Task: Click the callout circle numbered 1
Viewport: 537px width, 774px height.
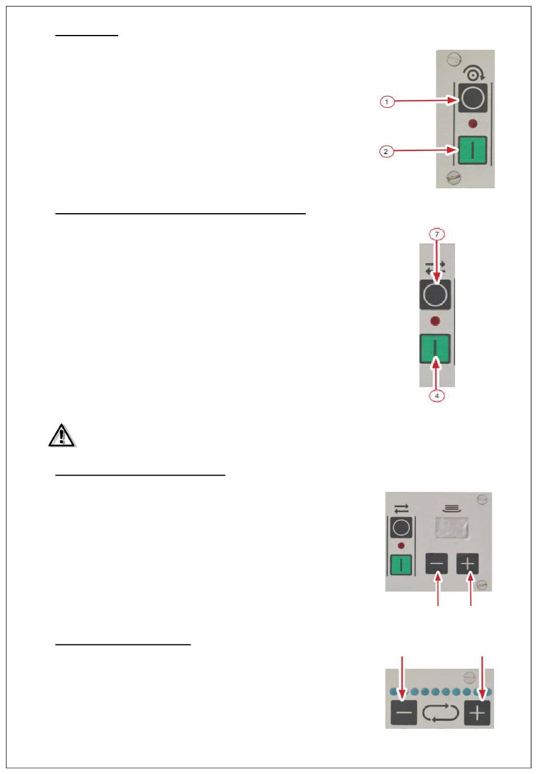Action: click(387, 102)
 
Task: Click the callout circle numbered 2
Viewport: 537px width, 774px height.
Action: click(386, 152)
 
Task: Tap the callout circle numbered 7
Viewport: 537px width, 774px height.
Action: click(436, 234)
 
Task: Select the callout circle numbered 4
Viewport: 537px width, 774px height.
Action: click(436, 396)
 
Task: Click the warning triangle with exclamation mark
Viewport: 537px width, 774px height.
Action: click(62, 436)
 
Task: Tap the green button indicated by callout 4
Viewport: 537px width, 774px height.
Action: click(435, 348)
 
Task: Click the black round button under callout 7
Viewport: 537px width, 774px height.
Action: click(435, 295)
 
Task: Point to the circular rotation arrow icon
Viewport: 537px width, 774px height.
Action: click(471, 73)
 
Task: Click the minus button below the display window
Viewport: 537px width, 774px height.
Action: click(437, 564)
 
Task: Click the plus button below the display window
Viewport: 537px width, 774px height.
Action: click(468, 564)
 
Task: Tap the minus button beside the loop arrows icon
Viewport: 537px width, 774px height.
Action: click(404, 712)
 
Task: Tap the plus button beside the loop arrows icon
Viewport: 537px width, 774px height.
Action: click(478, 712)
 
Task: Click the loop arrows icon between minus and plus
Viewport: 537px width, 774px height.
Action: click(440, 712)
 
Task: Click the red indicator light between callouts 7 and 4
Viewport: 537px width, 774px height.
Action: click(435, 321)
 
